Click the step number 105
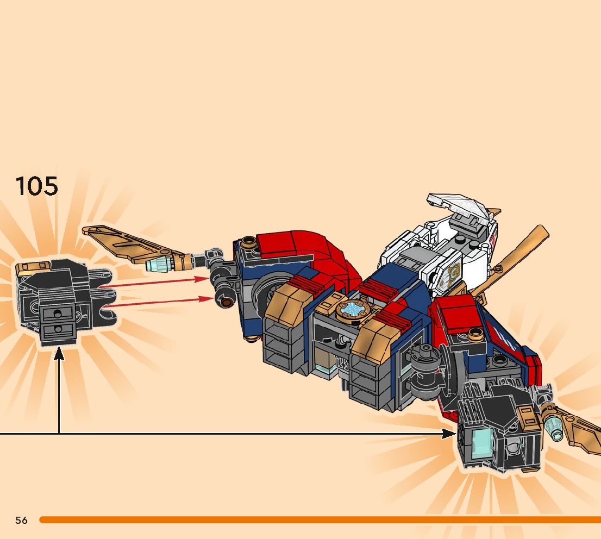36,186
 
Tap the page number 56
21,520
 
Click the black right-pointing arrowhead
449,433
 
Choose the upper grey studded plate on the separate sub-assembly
57,314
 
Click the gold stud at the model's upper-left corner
249,240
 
